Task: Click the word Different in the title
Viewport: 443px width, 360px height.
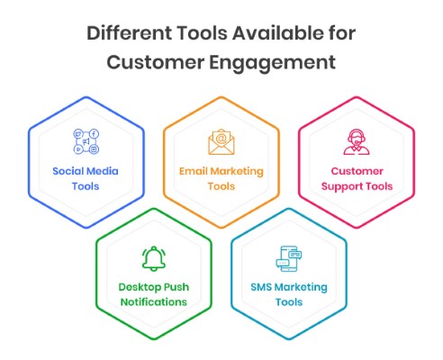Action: (x=129, y=32)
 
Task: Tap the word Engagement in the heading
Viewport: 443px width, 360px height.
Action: (x=272, y=63)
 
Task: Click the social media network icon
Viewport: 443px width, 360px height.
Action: (x=86, y=141)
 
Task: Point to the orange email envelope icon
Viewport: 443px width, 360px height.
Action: (x=221, y=142)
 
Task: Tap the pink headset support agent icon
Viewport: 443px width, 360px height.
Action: (x=357, y=142)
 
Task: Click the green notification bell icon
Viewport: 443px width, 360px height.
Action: (x=154, y=258)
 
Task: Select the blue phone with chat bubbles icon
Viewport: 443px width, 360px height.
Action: (x=289, y=258)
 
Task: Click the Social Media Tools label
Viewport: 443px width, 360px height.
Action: (x=86, y=179)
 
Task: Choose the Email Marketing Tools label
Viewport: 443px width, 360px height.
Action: (x=221, y=179)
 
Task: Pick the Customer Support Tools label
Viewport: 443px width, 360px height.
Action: (x=357, y=179)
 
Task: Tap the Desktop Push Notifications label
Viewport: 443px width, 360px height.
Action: (x=154, y=294)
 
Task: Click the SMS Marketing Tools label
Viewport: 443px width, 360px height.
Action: (x=289, y=294)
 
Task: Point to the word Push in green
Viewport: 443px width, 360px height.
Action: (x=176, y=287)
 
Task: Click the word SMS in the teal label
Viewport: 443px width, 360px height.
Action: (x=261, y=287)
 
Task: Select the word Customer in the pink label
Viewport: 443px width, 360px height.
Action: (x=357, y=171)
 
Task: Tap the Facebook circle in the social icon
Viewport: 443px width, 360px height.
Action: (x=94, y=134)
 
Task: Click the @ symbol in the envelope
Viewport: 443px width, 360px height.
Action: (x=221, y=139)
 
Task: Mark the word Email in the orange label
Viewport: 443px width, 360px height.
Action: (x=194, y=171)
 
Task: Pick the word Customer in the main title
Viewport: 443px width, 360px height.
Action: (x=156, y=62)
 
